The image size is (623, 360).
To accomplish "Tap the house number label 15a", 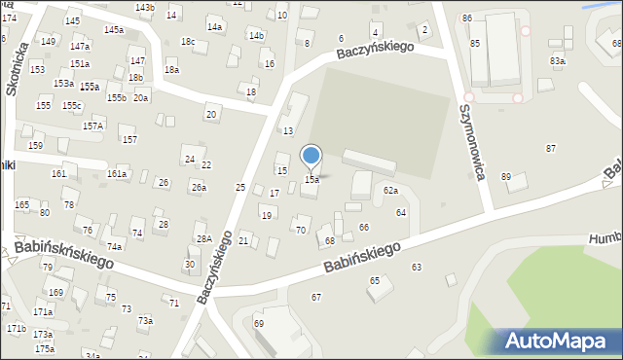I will tap(311, 180).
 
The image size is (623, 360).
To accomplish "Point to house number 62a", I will tap(390, 191).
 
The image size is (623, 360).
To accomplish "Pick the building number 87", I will tap(551, 148).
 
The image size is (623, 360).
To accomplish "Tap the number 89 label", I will tap(505, 176).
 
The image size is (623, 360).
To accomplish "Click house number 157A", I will tap(92, 126).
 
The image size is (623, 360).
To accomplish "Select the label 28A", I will tap(203, 238).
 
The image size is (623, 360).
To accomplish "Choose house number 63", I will tap(417, 267).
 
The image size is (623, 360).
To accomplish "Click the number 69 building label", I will tap(259, 323).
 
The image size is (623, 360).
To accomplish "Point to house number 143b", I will tap(144, 8).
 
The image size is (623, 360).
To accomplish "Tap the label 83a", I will tap(557, 60).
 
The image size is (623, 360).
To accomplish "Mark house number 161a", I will tap(117, 173).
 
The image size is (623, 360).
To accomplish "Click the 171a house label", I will tap(43, 312).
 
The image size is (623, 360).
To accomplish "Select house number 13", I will tap(288, 131).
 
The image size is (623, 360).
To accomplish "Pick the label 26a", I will tap(198, 188).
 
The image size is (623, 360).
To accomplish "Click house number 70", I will tap(301, 231).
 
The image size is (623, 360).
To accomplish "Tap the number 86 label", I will tap(467, 18).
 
